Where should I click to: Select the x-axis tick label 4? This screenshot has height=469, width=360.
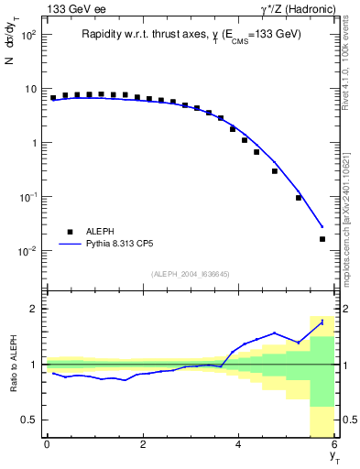239,444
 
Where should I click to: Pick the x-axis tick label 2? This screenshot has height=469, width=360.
143,444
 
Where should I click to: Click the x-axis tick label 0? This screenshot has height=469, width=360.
47,444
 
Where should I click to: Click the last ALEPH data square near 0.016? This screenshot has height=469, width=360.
322,239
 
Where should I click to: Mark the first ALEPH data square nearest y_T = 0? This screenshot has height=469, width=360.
53,97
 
